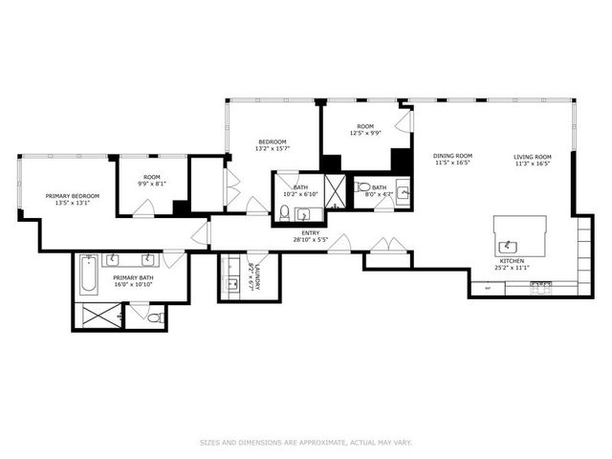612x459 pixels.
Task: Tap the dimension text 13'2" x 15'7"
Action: coord(273,148)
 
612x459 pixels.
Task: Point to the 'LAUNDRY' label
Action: coord(258,275)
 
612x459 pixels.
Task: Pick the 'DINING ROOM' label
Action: coord(453,156)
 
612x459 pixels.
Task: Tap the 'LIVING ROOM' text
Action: coord(533,156)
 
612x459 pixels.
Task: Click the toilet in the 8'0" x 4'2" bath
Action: coord(362,188)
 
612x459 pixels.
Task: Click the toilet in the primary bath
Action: coord(153,316)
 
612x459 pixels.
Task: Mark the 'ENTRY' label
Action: coord(311,232)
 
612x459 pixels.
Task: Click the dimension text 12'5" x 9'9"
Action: coord(368,134)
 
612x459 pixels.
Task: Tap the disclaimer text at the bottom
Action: coord(306,442)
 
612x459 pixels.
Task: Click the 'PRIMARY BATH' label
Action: coord(134,276)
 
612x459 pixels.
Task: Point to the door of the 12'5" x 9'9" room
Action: coord(405,120)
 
